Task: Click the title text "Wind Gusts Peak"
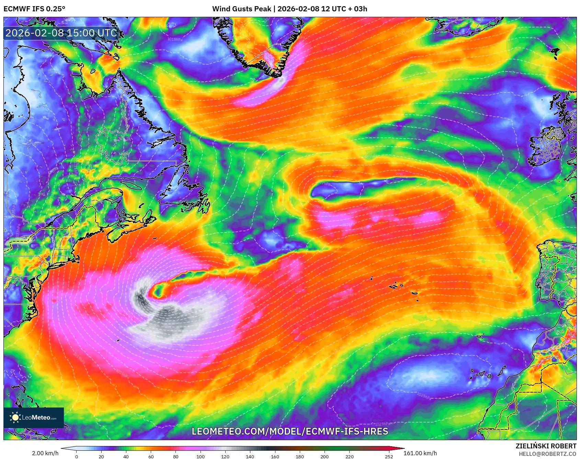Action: tap(241, 9)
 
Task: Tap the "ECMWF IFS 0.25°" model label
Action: tap(34, 9)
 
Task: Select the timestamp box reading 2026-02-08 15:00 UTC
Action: tap(61, 33)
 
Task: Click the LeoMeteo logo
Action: tap(34, 417)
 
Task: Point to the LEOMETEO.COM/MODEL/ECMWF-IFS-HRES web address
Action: tap(290, 431)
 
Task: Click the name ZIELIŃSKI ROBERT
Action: tap(546, 446)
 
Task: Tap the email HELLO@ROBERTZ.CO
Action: tap(547, 454)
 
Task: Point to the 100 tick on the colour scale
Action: tap(201, 456)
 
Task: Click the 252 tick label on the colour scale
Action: tap(389, 456)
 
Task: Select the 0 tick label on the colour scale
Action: tap(77, 456)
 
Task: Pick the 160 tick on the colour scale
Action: tap(275, 456)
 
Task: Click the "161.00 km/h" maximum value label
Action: tap(420, 453)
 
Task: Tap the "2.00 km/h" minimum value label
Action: tap(45, 453)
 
